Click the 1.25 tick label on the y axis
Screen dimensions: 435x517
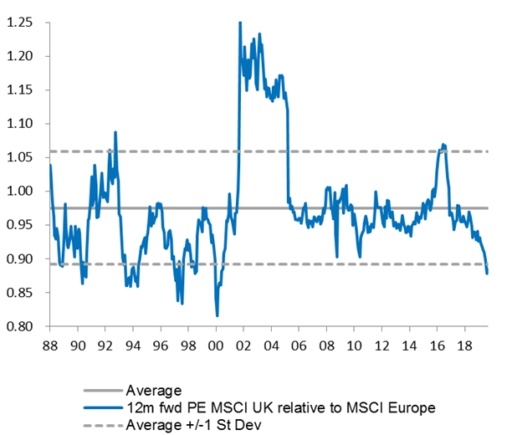click(19, 22)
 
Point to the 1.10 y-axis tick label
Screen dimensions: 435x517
click(19, 124)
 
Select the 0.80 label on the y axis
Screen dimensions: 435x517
click(19, 327)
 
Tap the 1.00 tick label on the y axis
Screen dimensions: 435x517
click(19, 192)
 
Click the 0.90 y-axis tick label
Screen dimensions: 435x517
click(19, 259)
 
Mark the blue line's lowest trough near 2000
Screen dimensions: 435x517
click(218, 315)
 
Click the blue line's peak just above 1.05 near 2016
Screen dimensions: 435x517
click(443, 144)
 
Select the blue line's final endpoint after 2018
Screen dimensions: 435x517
click(487, 273)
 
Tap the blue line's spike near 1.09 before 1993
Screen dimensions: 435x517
click(115, 132)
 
